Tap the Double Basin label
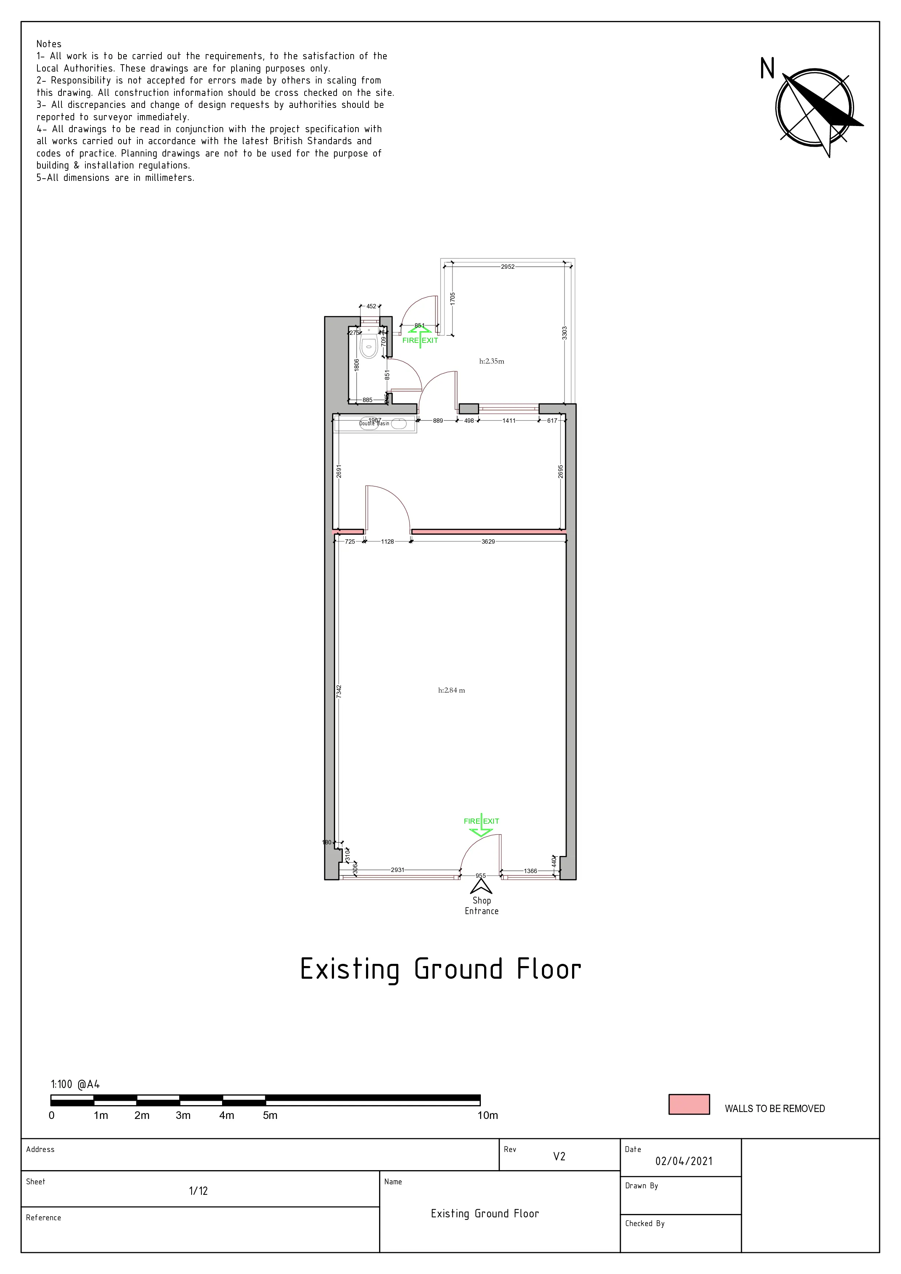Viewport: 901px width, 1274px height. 374,424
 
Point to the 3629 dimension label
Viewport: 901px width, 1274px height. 488,541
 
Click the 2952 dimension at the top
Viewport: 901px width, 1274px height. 507,267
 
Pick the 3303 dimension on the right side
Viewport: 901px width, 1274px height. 564,333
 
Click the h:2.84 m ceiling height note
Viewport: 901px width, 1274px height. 451,690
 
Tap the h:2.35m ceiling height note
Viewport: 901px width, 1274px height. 491,361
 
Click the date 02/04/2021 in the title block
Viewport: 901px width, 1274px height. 683,1161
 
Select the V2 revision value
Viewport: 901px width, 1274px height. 559,1156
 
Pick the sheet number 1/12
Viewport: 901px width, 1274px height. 198,1191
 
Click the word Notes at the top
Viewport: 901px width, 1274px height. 49,44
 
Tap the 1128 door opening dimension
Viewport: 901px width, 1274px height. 387,541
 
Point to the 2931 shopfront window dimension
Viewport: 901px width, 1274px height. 398,870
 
